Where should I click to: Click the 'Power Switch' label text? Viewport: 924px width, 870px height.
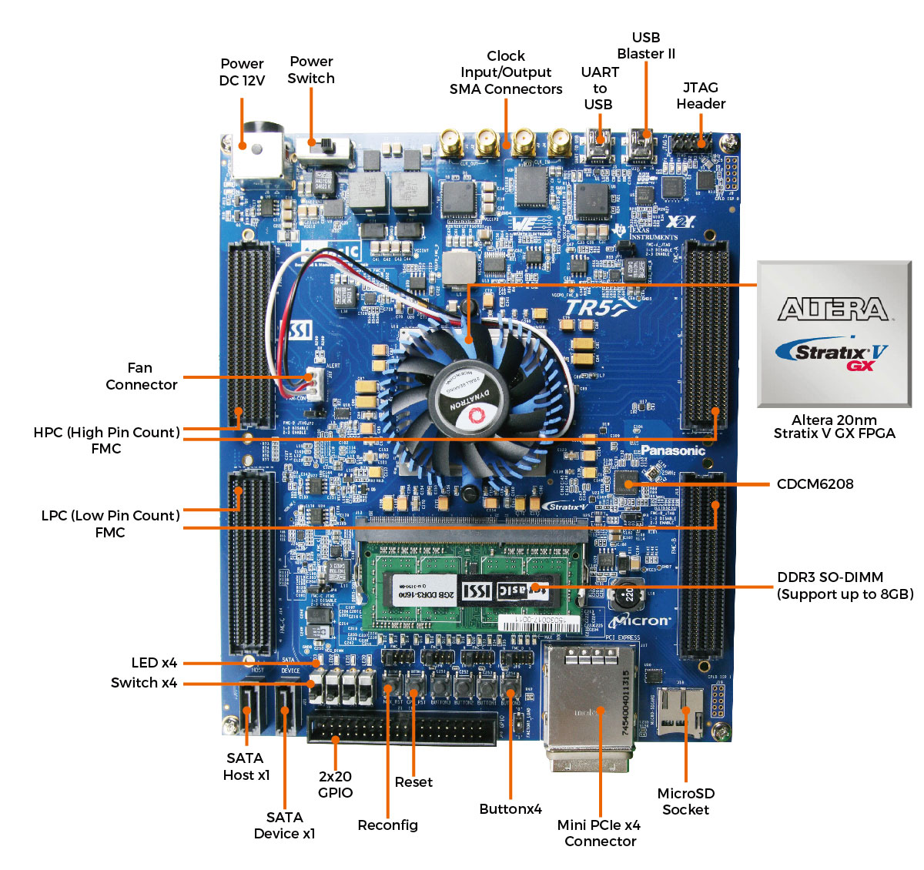click(x=311, y=70)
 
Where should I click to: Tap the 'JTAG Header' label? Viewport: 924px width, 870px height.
click(x=701, y=95)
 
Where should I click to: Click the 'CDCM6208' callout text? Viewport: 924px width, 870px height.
click(x=815, y=484)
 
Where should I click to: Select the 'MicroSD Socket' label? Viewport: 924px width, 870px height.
click(x=685, y=801)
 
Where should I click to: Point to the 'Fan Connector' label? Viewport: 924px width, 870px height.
click(x=141, y=376)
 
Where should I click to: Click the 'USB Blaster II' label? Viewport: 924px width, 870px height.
click(x=646, y=45)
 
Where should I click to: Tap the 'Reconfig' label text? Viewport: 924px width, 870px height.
click(x=387, y=825)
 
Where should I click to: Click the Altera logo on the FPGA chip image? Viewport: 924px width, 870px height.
click(x=833, y=310)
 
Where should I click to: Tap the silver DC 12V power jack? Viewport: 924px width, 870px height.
click(x=257, y=154)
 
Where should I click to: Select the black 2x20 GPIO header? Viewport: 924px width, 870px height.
click(x=402, y=728)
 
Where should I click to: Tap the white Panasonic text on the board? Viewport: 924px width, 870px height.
click(x=672, y=451)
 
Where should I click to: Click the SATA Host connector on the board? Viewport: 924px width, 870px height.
click(x=247, y=708)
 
